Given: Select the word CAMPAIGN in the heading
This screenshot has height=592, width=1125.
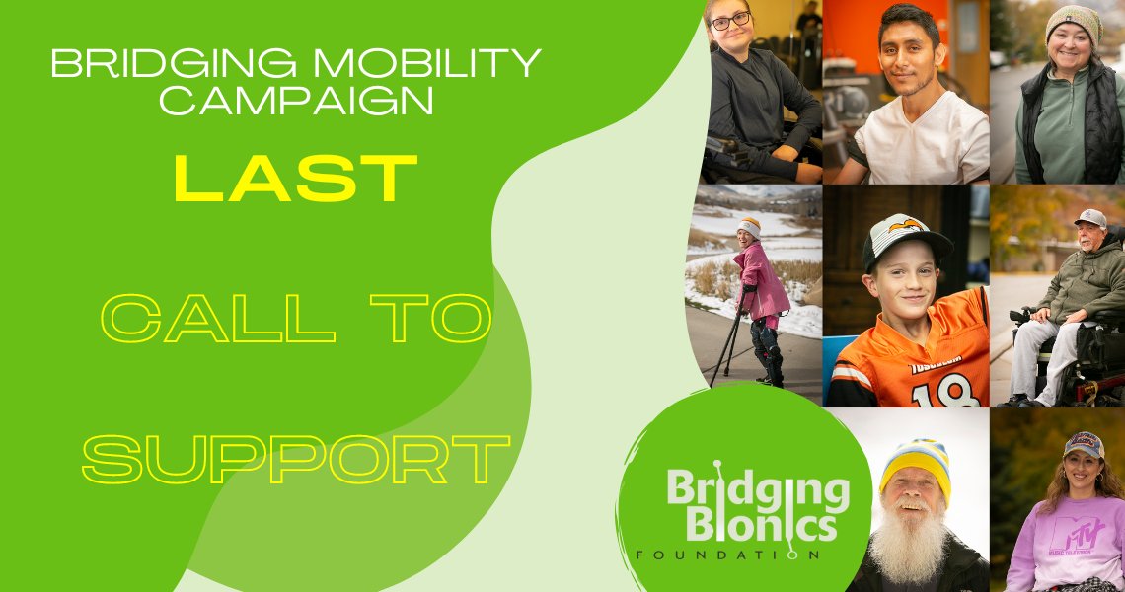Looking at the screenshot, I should [x=296, y=100].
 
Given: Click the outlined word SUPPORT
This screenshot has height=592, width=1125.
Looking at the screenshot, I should [x=296, y=459].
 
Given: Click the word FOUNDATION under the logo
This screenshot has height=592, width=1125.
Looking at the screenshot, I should [x=729, y=555].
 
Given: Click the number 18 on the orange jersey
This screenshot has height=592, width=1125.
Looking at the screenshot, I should [x=931, y=394].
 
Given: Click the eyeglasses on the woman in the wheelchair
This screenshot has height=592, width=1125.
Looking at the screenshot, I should [x=730, y=21].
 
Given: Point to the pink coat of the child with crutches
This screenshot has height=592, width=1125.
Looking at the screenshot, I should [x=763, y=282].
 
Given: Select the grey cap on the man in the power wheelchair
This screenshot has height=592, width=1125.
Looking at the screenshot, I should [x=1090, y=217].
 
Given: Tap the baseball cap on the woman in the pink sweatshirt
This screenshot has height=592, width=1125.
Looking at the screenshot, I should [x=1083, y=444].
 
